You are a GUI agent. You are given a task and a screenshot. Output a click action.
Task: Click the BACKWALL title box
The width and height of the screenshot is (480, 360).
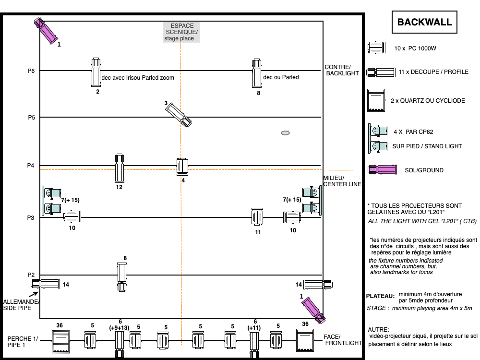(x=424, y=22)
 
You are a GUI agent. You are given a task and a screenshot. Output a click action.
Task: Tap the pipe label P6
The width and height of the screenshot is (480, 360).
(x=31, y=71)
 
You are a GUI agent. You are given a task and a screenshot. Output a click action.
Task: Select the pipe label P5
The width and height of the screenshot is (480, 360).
(x=32, y=118)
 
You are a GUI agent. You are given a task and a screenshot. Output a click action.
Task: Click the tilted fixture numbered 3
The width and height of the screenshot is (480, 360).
(x=179, y=115)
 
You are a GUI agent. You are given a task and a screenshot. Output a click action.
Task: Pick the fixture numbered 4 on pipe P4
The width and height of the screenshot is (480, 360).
(x=182, y=167)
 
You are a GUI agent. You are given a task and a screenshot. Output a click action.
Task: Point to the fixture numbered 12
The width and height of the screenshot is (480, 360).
(x=120, y=168)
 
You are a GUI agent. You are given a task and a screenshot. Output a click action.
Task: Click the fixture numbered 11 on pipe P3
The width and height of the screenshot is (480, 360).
(x=257, y=217)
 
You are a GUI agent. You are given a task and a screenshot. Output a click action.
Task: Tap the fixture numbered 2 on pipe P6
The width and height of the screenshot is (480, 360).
(x=96, y=72)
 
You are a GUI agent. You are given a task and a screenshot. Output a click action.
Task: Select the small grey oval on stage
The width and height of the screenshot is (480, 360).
(x=285, y=133)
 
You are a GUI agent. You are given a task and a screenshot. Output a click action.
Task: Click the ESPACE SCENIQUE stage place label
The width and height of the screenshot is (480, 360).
(x=181, y=32)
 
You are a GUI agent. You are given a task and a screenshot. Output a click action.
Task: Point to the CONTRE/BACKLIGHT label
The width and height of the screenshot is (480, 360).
(x=342, y=70)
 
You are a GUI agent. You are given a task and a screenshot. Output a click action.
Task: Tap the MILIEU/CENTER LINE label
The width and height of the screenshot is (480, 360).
(x=342, y=181)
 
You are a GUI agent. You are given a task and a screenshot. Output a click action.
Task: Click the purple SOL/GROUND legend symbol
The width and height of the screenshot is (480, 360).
(x=383, y=169)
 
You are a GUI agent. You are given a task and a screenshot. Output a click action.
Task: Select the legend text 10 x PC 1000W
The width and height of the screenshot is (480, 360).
(x=415, y=48)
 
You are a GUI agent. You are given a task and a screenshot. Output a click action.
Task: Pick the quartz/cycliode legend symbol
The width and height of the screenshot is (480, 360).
(x=376, y=100)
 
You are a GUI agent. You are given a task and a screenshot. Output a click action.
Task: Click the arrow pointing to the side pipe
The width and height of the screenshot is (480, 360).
(x=34, y=294)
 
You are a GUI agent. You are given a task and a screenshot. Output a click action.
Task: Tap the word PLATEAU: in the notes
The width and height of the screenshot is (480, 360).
(x=381, y=296)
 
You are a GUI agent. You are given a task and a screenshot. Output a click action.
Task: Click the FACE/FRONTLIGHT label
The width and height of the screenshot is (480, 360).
(x=343, y=340)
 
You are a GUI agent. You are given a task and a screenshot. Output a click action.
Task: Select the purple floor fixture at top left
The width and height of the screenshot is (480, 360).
(x=46, y=31)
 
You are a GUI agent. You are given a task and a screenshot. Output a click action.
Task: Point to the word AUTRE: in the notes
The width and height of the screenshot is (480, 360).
(x=378, y=330)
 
